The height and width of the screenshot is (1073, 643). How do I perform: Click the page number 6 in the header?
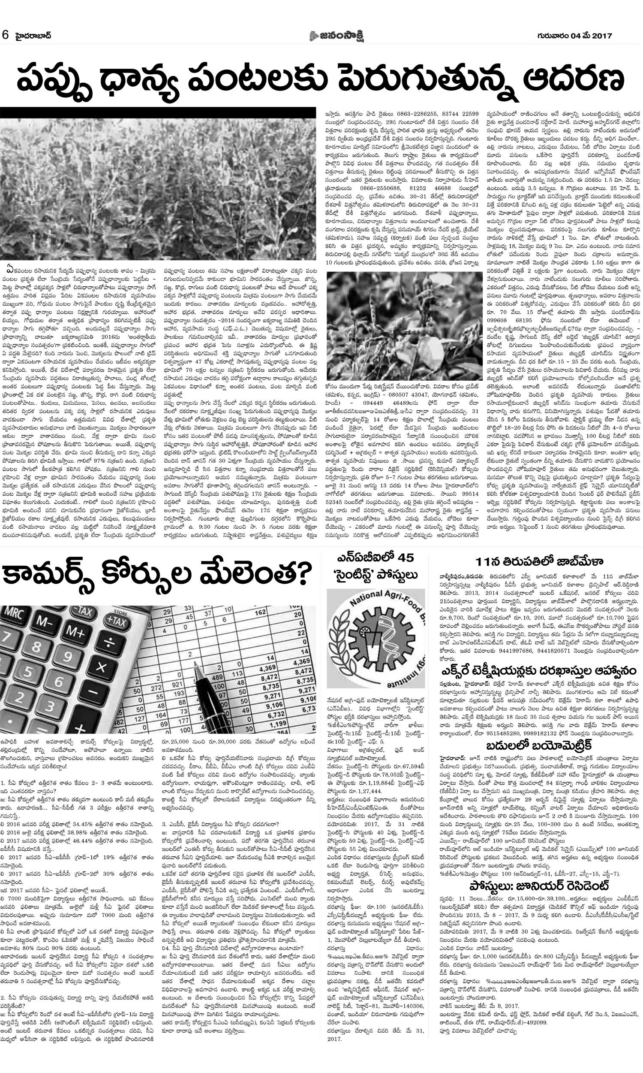point(6,36)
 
